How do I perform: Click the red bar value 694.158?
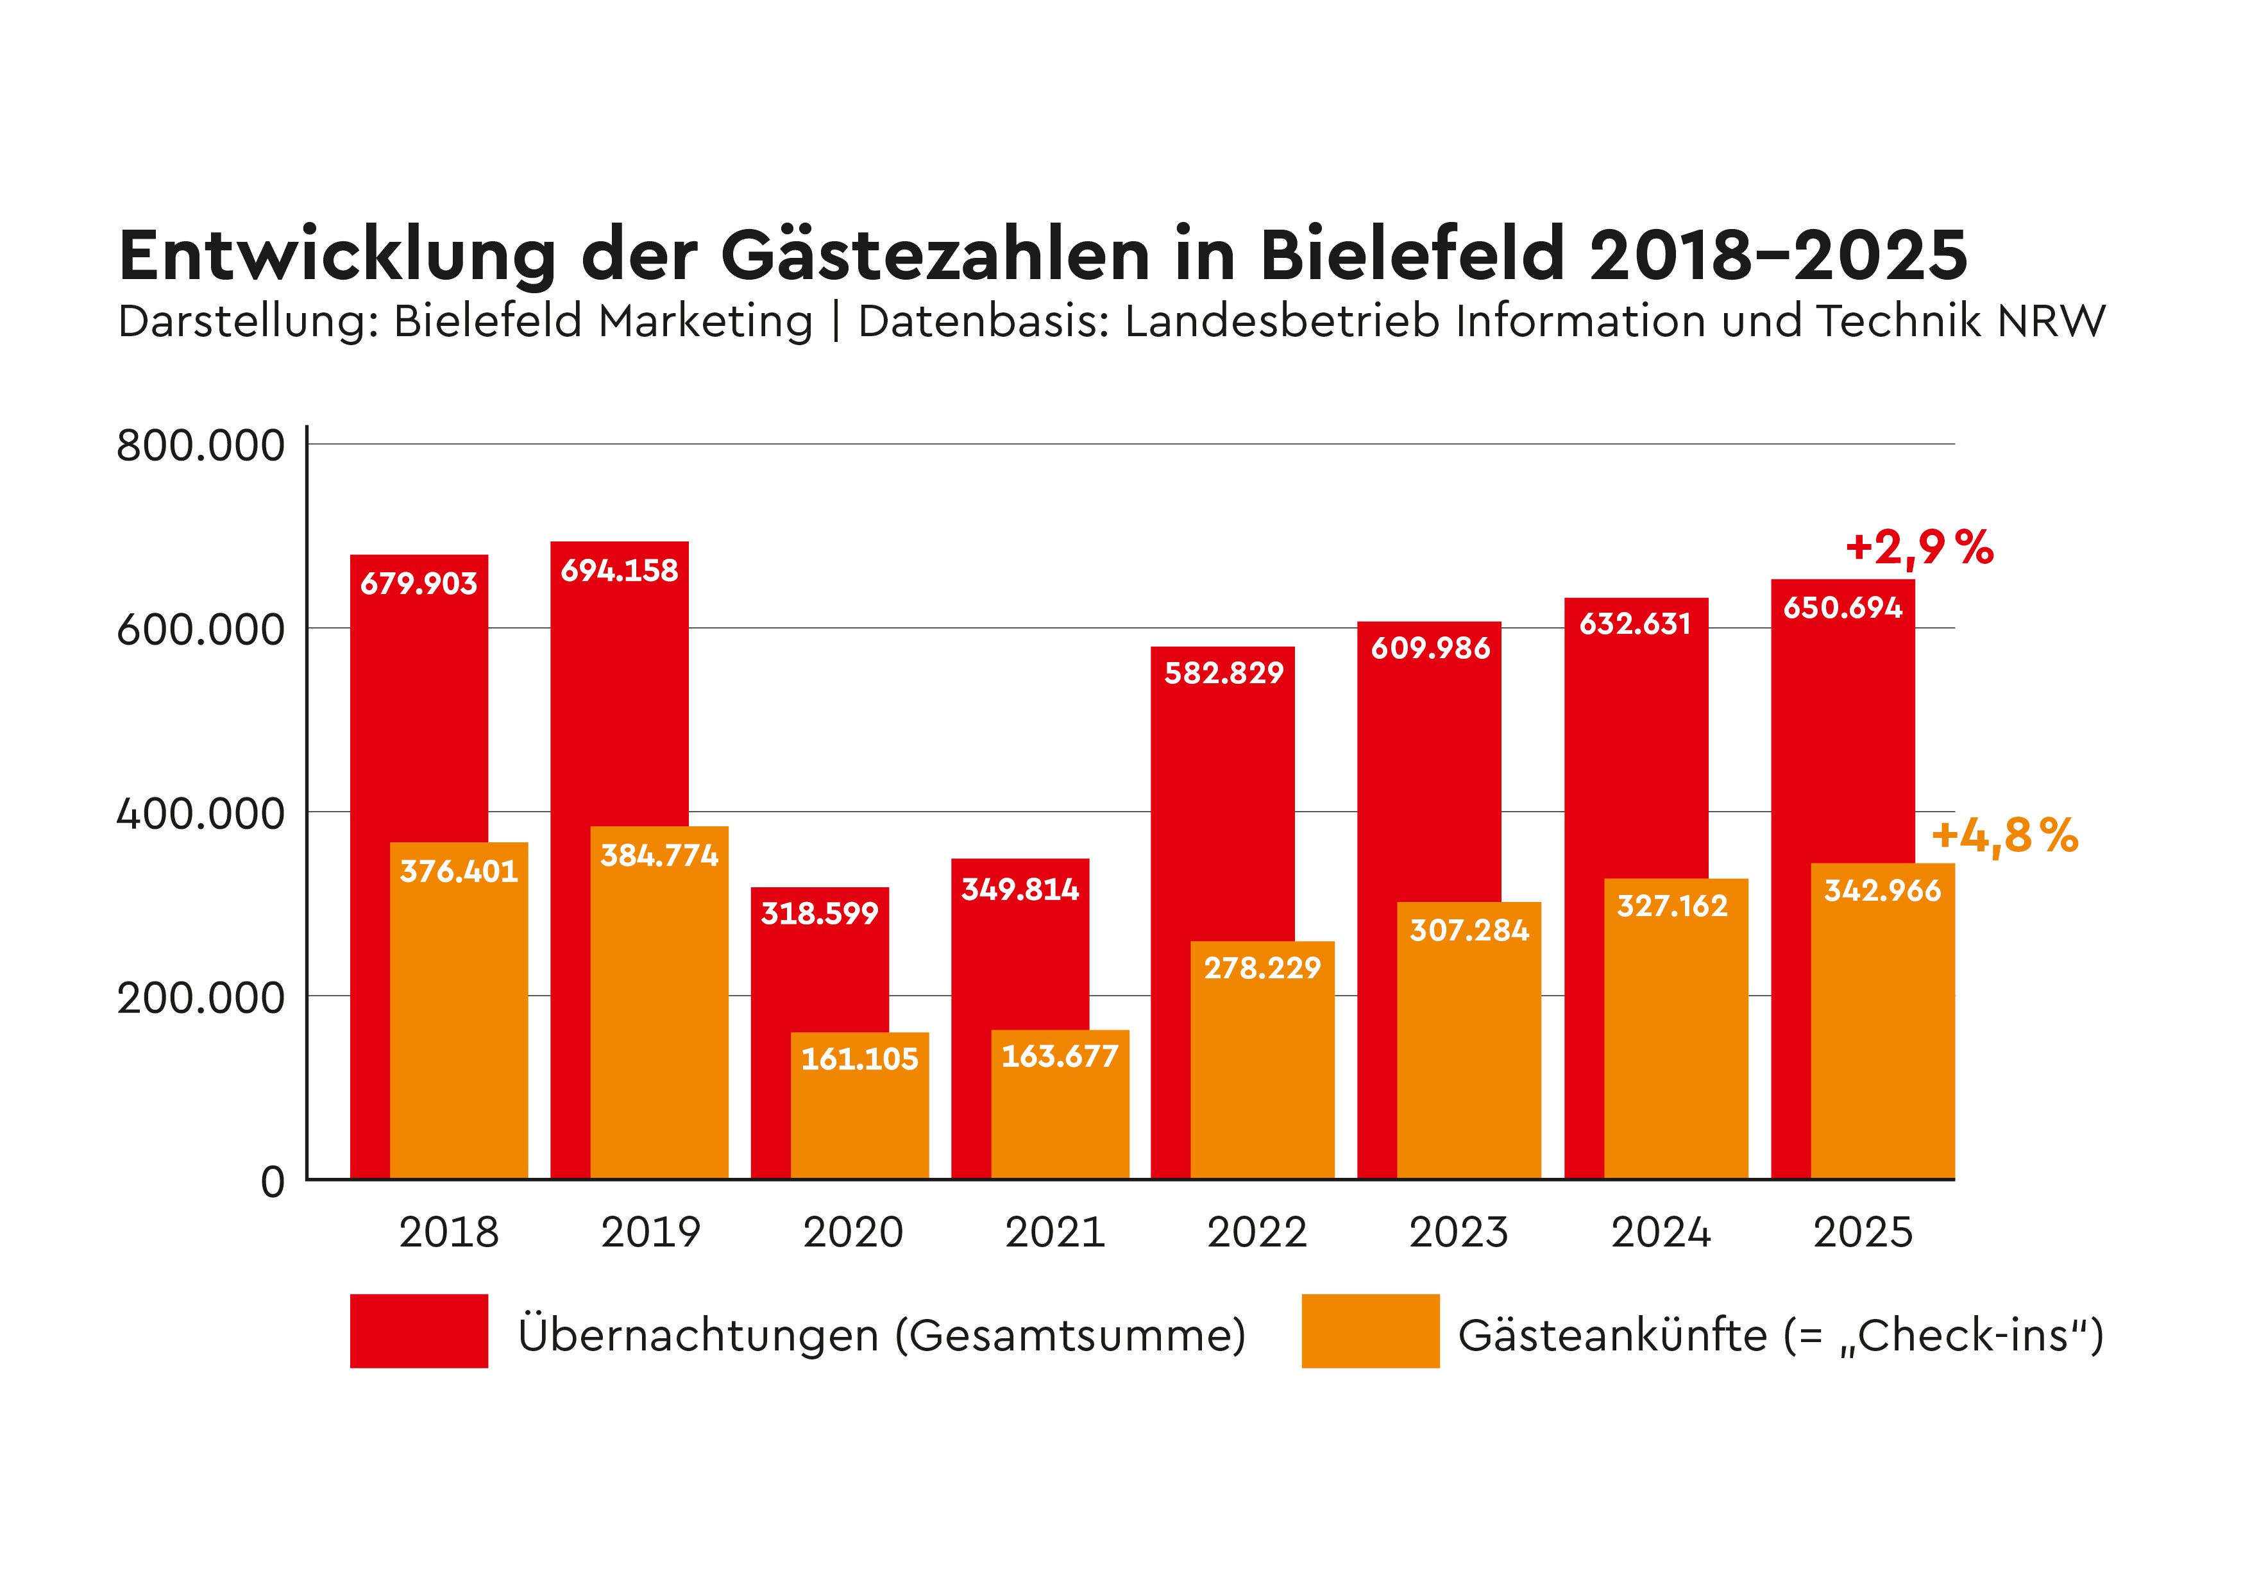[620, 570]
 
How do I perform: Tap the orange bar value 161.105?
[859, 1059]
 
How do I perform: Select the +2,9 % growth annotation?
[1919, 547]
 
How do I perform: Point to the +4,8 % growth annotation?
[2004, 836]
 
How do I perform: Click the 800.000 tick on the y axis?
[201, 446]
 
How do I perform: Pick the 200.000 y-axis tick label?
[201, 998]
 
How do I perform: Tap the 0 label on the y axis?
[273, 1182]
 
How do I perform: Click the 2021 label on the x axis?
[1054, 1232]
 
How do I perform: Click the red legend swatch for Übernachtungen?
[418, 1331]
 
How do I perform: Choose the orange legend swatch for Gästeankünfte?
[1370, 1331]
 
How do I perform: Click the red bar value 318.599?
[819, 914]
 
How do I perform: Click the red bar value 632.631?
[1634, 624]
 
